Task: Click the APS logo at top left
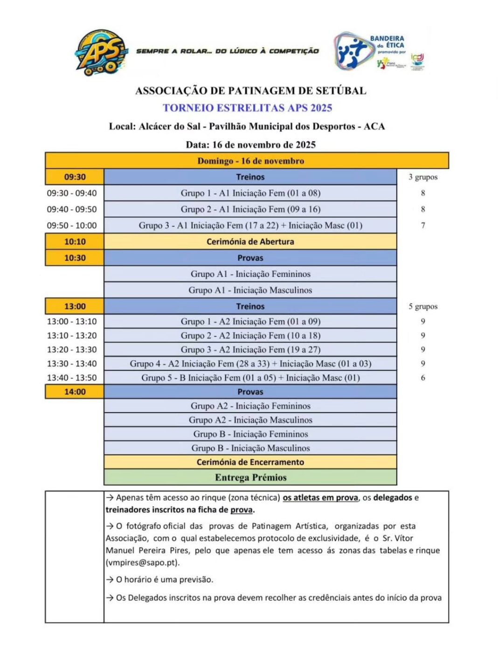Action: pos(101,52)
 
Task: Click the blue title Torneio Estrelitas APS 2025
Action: pos(247,108)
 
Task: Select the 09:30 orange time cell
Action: pos(75,177)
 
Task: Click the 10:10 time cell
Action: pos(75,242)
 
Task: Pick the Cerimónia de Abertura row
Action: pos(250,242)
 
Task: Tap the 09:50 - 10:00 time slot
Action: pos(72,226)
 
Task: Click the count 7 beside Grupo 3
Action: pos(423,226)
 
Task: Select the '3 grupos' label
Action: pos(423,177)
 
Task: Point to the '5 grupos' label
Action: pos(423,306)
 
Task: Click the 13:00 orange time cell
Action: pos(75,306)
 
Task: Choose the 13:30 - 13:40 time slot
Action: pos(72,364)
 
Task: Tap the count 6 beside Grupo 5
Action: pos(423,378)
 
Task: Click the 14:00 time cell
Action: pos(75,392)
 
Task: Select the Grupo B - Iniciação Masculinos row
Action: pos(250,448)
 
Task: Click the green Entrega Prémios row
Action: pos(250,477)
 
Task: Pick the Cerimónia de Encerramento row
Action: pos(250,462)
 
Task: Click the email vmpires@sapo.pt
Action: pos(142,563)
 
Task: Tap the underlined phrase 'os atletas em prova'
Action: pos(320,498)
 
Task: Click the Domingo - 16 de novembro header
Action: pos(250,161)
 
